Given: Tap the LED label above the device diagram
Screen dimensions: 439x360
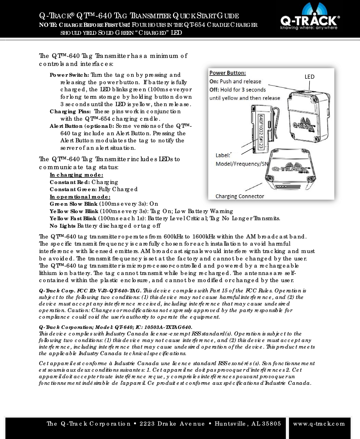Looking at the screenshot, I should [309, 76].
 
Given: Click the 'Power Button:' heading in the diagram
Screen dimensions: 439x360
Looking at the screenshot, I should [228, 73].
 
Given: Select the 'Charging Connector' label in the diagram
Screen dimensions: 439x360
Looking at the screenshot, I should [240, 196].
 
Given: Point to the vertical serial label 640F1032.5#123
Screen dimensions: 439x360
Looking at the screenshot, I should [261, 131].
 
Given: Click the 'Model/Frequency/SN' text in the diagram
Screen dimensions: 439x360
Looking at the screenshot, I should [241, 164].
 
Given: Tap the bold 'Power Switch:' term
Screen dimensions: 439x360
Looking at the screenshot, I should [69, 75].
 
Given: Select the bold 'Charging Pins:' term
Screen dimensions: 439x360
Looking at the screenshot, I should [70, 112].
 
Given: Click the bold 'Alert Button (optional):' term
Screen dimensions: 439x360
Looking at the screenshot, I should [82, 126].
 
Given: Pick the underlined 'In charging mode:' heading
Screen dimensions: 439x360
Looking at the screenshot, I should [76, 175].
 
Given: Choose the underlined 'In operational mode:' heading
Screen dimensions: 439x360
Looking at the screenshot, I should [80, 197].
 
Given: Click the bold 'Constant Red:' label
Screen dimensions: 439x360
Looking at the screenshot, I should [70, 182].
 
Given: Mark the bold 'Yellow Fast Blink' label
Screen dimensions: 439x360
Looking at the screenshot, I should [73, 219].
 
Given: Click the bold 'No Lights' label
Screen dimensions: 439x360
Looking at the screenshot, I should [62, 226].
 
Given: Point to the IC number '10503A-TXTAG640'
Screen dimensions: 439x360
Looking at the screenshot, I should [168, 327].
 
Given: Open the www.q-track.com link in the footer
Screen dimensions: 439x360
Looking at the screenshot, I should [319, 424].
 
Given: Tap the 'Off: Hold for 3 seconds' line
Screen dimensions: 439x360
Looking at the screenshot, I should [238, 90].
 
